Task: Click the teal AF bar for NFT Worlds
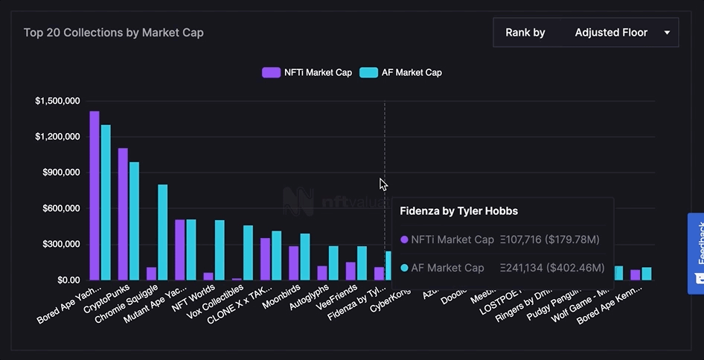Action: pyautogui.click(x=220, y=250)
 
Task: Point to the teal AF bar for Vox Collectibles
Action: pyautogui.click(x=248, y=252)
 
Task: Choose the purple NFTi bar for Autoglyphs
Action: pyautogui.click(x=322, y=272)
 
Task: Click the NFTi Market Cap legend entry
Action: pyautogui.click(x=307, y=73)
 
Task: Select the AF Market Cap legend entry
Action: pyautogui.click(x=401, y=73)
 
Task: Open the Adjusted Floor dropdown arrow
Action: pyautogui.click(x=667, y=33)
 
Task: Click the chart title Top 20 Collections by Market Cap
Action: pyautogui.click(x=113, y=33)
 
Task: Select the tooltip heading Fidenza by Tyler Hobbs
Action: pyautogui.click(x=458, y=211)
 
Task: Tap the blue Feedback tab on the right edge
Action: pyautogui.click(x=697, y=253)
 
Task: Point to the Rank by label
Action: pyautogui.click(x=525, y=33)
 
